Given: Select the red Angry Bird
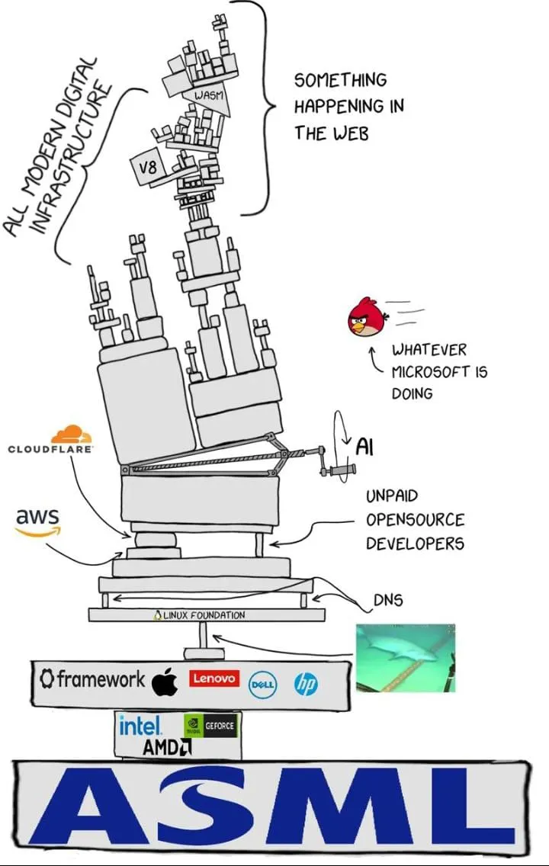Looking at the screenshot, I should coord(367,318).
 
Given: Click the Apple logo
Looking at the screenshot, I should coord(165,681).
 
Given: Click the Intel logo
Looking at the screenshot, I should coord(140,725).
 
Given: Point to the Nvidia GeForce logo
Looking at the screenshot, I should coord(210,726).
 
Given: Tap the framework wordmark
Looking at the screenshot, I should coord(91,678).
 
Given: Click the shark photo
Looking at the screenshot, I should coord(405,657).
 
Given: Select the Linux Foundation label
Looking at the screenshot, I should coord(200,614).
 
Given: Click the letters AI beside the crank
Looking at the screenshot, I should coord(365,446).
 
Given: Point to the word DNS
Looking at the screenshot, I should coord(387,600).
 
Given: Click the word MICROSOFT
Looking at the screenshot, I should coord(439,372).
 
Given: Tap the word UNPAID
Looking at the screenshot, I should coord(392,496).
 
